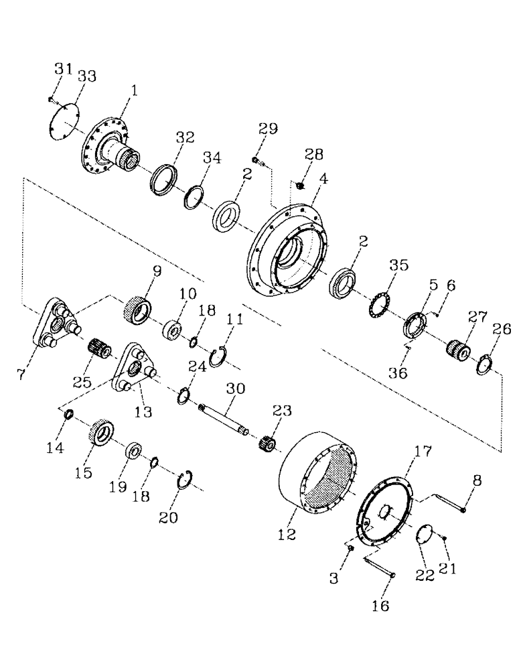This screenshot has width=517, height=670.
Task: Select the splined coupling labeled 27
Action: [460, 350]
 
